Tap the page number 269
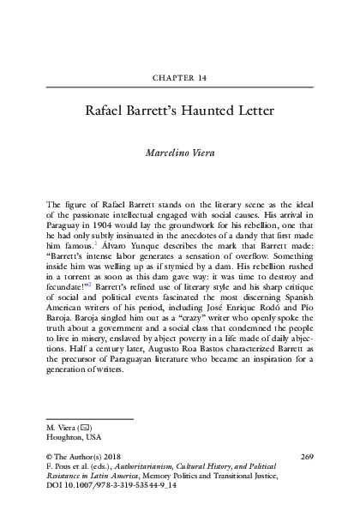click(309, 457)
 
